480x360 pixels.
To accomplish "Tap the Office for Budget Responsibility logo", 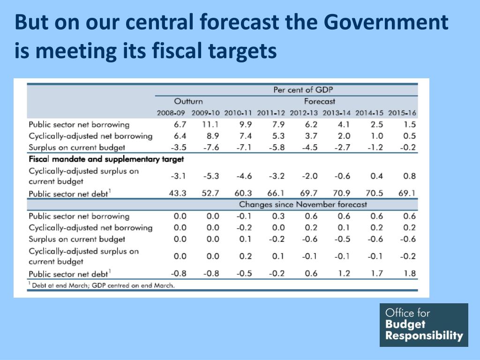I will (x=424, y=325).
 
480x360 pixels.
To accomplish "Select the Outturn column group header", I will (x=188, y=101).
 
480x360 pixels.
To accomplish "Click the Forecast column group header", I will (x=320, y=101).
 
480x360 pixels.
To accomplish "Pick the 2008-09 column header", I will (x=171, y=113).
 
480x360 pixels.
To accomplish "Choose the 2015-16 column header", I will (x=402, y=113).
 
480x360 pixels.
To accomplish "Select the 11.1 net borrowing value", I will (x=211, y=125).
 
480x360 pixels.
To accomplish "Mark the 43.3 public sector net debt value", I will (x=178, y=193).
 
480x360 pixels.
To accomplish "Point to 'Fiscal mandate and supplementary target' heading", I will (x=106, y=159).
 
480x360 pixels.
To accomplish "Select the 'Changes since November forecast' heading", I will (x=303, y=204).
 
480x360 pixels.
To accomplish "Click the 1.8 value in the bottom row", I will (x=410, y=273).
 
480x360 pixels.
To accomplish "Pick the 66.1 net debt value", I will (x=277, y=193).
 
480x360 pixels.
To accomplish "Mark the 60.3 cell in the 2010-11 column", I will (x=243, y=193).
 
